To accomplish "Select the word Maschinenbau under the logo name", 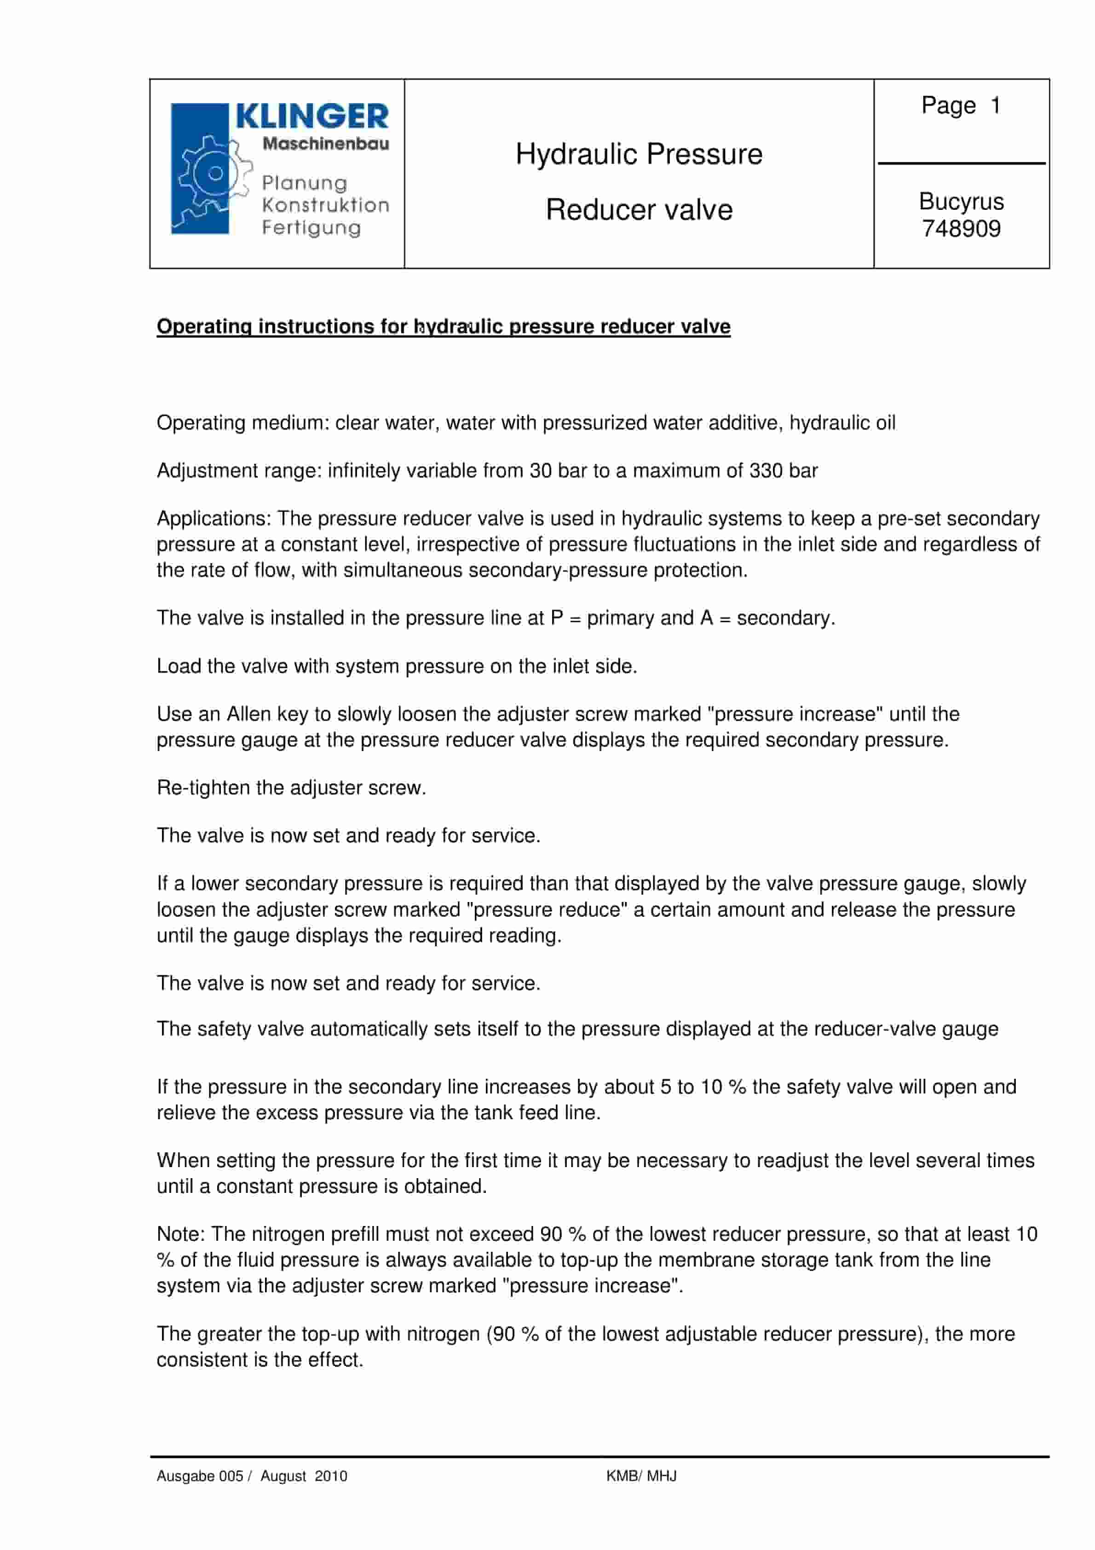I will pyautogui.click(x=325, y=144).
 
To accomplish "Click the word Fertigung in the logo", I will pyautogui.click(x=311, y=228).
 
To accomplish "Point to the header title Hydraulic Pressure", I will pyautogui.click(x=639, y=155).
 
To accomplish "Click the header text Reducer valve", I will pyautogui.click(x=639, y=210).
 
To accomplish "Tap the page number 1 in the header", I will pyautogui.click(x=995, y=105).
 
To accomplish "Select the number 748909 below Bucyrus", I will pyautogui.click(x=961, y=229).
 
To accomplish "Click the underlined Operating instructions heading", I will pyautogui.click(x=443, y=327).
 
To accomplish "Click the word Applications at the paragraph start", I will pyautogui.click(x=213, y=519).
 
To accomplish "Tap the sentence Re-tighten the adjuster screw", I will pyautogui.click(x=291, y=788).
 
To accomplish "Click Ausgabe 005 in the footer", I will pyautogui.click(x=199, y=1476).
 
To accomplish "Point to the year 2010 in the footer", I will pyautogui.click(x=331, y=1476).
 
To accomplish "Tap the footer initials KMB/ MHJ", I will pyautogui.click(x=640, y=1476).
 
